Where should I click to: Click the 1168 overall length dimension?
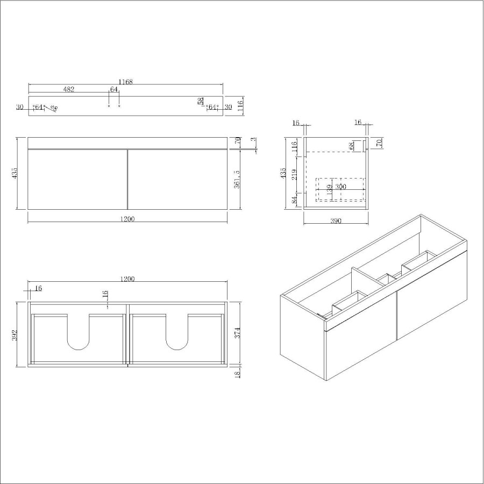click(x=125, y=82)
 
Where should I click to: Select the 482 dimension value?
click(x=68, y=89)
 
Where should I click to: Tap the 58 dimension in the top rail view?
click(x=201, y=101)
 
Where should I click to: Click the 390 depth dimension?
click(x=336, y=221)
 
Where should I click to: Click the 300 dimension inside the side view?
click(x=340, y=187)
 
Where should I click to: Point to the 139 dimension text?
click(x=329, y=190)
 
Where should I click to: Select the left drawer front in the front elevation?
click(x=77, y=179)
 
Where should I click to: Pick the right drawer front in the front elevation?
click(x=177, y=179)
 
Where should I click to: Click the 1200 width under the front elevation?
click(x=127, y=219)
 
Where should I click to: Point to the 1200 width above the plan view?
click(x=127, y=279)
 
